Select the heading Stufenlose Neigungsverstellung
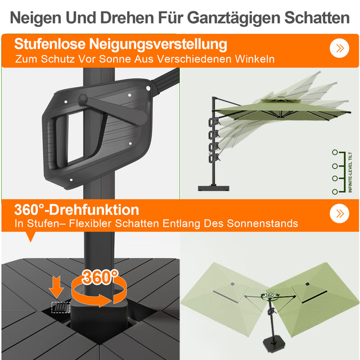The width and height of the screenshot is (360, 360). (121, 44)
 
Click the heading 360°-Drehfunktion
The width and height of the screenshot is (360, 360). (77, 210)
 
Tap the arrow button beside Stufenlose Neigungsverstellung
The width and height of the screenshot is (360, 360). (339, 48)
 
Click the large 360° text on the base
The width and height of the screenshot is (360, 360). (100, 277)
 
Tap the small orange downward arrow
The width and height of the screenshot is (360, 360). (56, 285)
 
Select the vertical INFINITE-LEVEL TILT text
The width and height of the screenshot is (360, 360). (350, 172)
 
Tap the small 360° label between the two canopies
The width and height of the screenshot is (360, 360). (271, 295)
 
